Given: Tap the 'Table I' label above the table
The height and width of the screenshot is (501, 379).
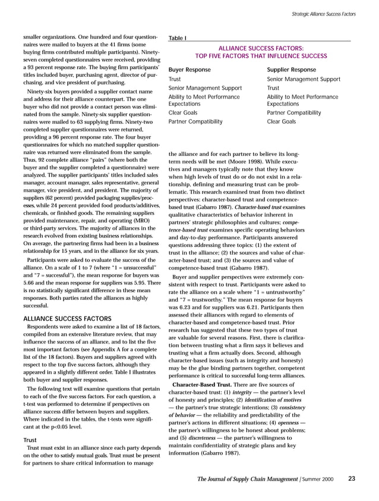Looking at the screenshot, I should [x=178, y=39].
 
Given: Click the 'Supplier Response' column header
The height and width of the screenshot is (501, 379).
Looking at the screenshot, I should [x=293, y=69].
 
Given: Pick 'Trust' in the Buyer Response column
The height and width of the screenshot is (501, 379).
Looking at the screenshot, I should [x=175, y=79].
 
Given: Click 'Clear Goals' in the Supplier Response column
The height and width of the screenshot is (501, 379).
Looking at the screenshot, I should [x=282, y=122].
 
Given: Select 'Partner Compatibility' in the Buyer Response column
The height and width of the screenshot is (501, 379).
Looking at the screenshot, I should [x=196, y=122].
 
